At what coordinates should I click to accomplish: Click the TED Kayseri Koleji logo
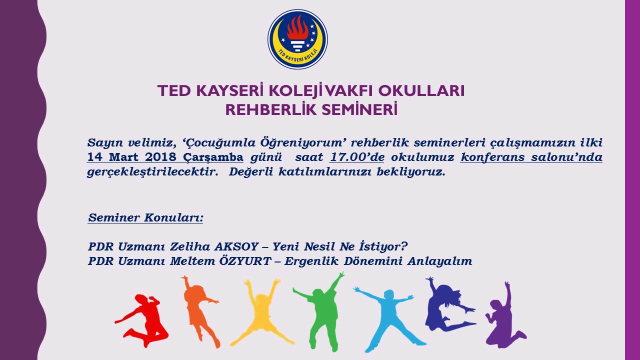(297, 39)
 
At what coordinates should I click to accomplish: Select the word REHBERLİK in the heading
(271, 109)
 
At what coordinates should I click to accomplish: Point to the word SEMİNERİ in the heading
(359, 109)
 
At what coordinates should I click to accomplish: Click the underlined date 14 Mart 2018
(131, 157)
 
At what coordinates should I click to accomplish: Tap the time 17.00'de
(357, 157)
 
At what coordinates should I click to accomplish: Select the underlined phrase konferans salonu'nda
(531, 157)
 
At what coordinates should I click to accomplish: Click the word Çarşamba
(213, 157)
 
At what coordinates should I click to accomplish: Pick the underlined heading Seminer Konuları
(145, 217)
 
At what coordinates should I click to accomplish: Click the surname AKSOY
(236, 246)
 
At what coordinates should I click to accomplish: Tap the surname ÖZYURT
(245, 261)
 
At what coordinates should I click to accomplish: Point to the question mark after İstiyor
(404, 246)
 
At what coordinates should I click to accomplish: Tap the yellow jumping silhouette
(262, 313)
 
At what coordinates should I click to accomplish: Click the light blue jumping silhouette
(389, 317)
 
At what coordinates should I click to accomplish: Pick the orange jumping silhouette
(199, 310)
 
